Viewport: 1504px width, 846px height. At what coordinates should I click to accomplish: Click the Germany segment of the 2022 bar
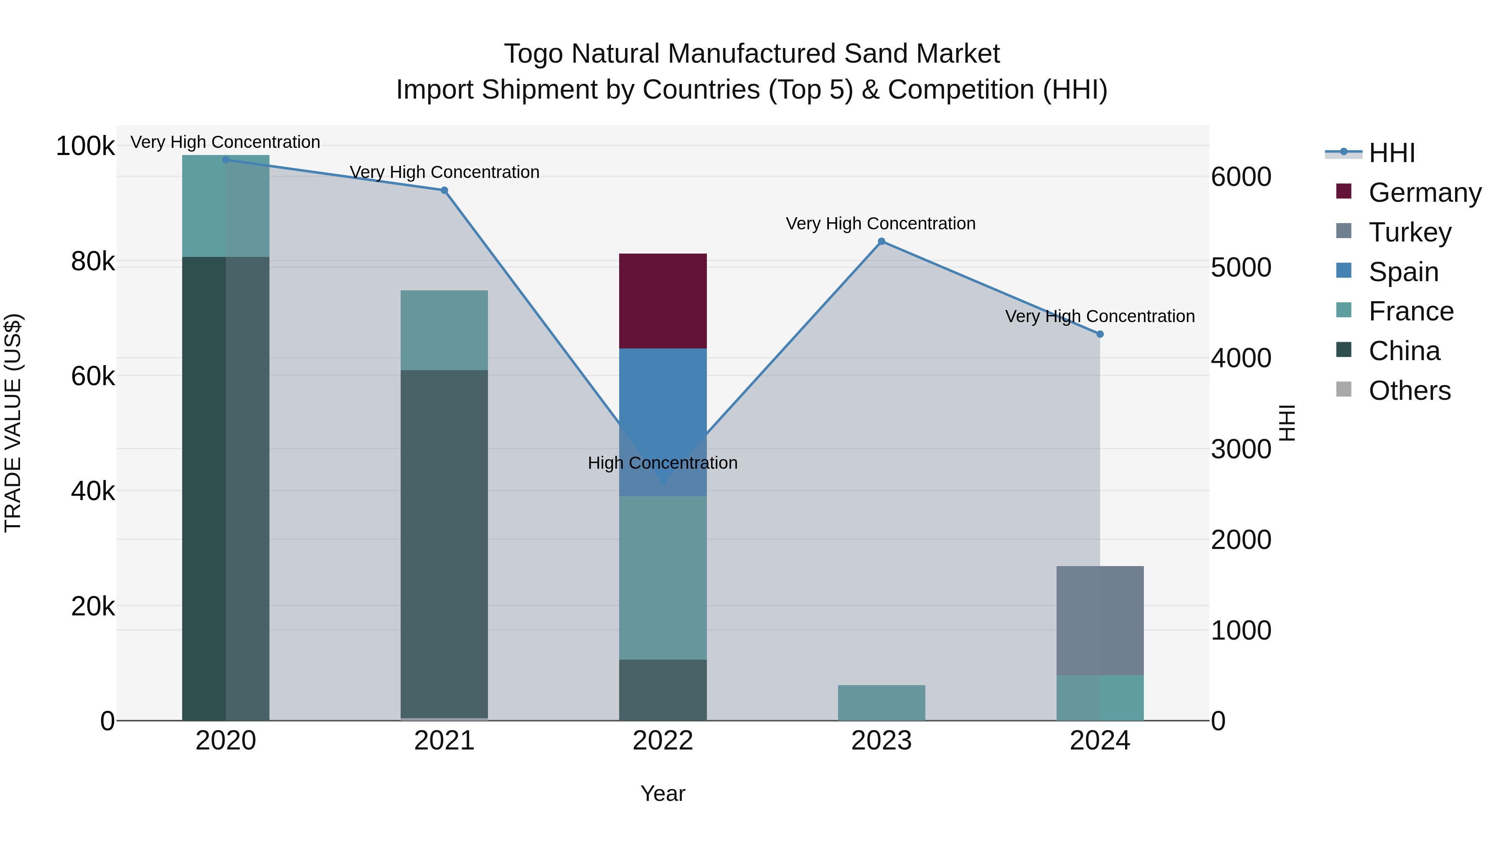click(x=663, y=301)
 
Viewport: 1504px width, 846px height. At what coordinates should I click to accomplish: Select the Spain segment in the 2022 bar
click(x=663, y=409)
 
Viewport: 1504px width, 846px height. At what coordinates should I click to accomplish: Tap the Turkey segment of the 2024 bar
click(x=1100, y=620)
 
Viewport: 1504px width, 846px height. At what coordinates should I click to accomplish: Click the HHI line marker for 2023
click(x=882, y=241)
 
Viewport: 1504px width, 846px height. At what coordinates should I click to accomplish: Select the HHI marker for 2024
click(x=1100, y=334)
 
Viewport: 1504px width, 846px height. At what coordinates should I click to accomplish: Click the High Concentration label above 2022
click(x=663, y=463)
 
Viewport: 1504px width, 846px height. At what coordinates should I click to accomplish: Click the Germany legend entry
click(x=1425, y=193)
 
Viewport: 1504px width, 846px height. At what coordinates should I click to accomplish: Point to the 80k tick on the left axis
click(x=92, y=262)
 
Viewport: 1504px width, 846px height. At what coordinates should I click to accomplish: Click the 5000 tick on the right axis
click(x=1241, y=267)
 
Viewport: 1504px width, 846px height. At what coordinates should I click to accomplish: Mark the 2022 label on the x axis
click(x=663, y=741)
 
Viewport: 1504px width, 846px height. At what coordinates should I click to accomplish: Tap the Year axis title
click(x=663, y=793)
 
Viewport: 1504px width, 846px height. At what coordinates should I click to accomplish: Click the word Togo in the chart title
click(x=533, y=54)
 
